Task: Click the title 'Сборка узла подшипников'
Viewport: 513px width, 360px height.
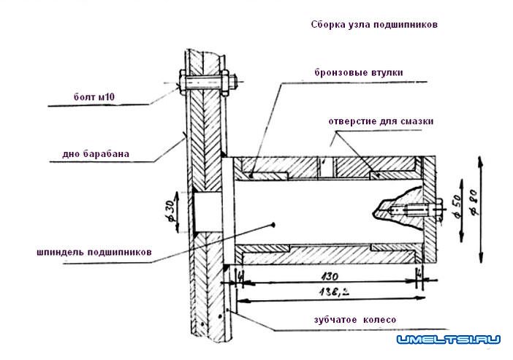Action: [373, 23]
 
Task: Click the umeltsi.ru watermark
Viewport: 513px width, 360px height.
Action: [448, 340]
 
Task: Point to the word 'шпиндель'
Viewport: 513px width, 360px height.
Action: [62, 253]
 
